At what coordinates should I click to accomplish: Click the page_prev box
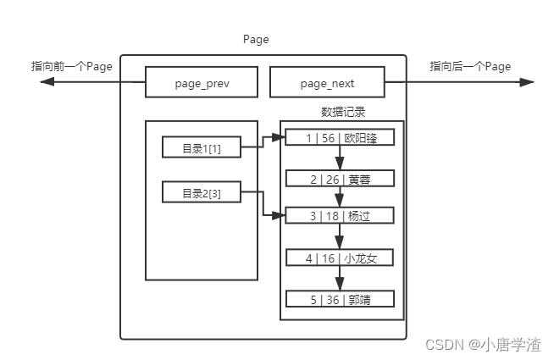point(201,83)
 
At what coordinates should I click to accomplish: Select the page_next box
point(327,83)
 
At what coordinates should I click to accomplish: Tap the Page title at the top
point(255,40)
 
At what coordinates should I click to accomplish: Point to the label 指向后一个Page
point(470,66)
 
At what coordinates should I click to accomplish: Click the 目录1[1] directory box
point(201,147)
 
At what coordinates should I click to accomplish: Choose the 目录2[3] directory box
point(201,193)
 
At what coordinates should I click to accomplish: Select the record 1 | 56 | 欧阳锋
point(340,138)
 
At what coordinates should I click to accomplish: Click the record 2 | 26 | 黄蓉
point(340,179)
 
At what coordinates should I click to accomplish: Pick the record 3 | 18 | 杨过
point(340,216)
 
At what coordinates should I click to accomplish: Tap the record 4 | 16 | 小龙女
point(340,258)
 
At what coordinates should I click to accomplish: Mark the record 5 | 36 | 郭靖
point(340,299)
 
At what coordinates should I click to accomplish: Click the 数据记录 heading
point(343,112)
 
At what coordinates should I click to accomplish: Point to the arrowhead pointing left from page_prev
point(47,82)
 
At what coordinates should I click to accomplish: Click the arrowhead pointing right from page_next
point(526,82)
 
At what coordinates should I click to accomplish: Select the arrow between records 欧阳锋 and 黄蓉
point(340,158)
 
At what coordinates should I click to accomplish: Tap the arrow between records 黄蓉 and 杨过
point(340,197)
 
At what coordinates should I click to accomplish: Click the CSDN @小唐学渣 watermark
point(483,344)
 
